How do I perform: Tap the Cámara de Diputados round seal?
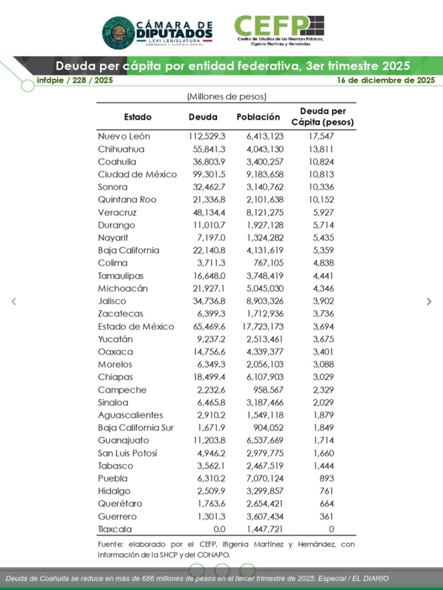(118, 32)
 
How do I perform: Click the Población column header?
(258, 117)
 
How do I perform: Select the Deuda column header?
(203, 117)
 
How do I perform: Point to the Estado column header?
(138, 117)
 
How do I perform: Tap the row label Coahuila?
(117, 162)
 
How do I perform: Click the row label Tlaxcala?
(115, 529)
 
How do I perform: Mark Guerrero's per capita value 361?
(327, 516)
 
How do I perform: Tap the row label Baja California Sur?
(136, 428)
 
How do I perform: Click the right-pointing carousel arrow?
(429, 302)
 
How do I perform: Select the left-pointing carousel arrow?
(14, 302)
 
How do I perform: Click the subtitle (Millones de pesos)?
(226, 97)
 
